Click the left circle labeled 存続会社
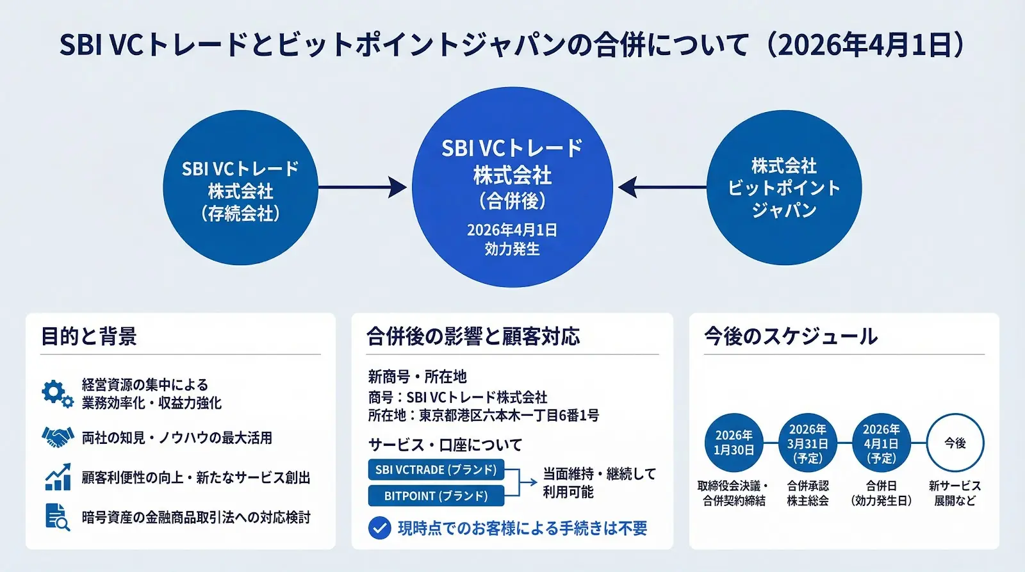(x=240, y=188)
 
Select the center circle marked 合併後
(x=512, y=188)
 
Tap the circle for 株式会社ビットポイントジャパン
(x=784, y=188)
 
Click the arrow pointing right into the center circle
(x=363, y=188)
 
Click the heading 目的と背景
(x=89, y=336)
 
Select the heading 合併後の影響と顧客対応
(x=473, y=336)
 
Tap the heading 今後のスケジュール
(x=791, y=336)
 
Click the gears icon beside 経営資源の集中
(x=57, y=393)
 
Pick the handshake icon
(x=58, y=437)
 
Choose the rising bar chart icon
(x=58, y=477)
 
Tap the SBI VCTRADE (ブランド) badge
(x=436, y=470)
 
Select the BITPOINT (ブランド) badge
(x=436, y=496)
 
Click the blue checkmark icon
(x=380, y=528)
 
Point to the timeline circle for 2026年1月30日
(x=734, y=443)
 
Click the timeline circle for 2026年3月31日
(x=808, y=443)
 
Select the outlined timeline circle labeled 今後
(x=955, y=443)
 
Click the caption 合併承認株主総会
(x=808, y=493)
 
